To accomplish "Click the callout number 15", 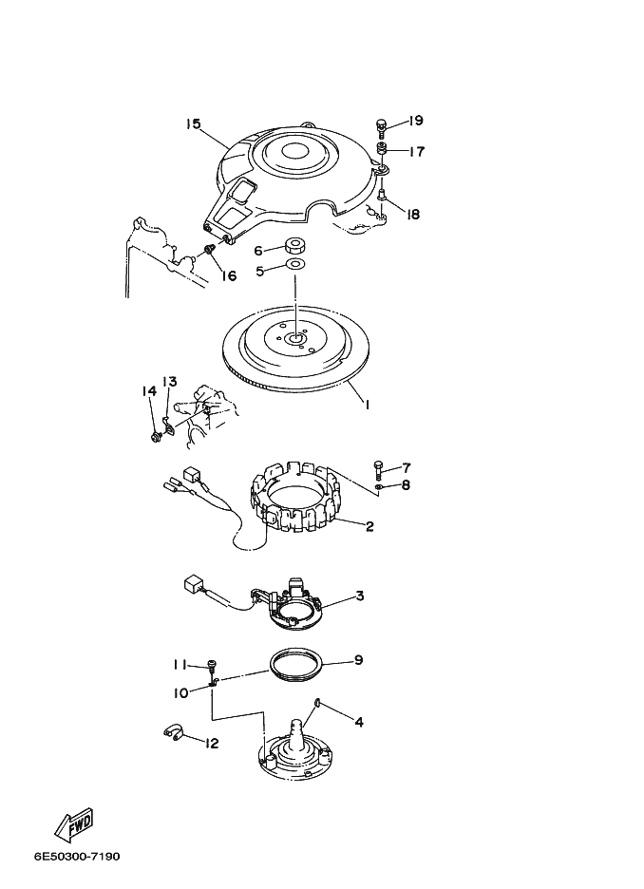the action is pyautogui.click(x=194, y=123).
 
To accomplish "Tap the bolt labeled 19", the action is pyautogui.click(x=382, y=127).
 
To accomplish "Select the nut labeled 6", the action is pyautogui.click(x=294, y=245).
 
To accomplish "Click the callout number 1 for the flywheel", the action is pyautogui.click(x=367, y=405).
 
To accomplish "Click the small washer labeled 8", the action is pyautogui.click(x=379, y=486).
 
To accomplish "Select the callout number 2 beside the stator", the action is pyautogui.click(x=369, y=526).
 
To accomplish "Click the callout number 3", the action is pyautogui.click(x=360, y=596).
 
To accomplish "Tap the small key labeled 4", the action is pyautogui.click(x=317, y=704).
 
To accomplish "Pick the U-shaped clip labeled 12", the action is pyautogui.click(x=172, y=734).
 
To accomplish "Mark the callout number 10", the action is pyautogui.click(x=180, y=692).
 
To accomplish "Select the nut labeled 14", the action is pyautogui.click(x=155, y=437).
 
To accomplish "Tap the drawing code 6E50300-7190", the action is pyautogui.click(x=77, y=857).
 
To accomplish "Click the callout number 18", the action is pyautogui.click(x=413, y=215).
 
